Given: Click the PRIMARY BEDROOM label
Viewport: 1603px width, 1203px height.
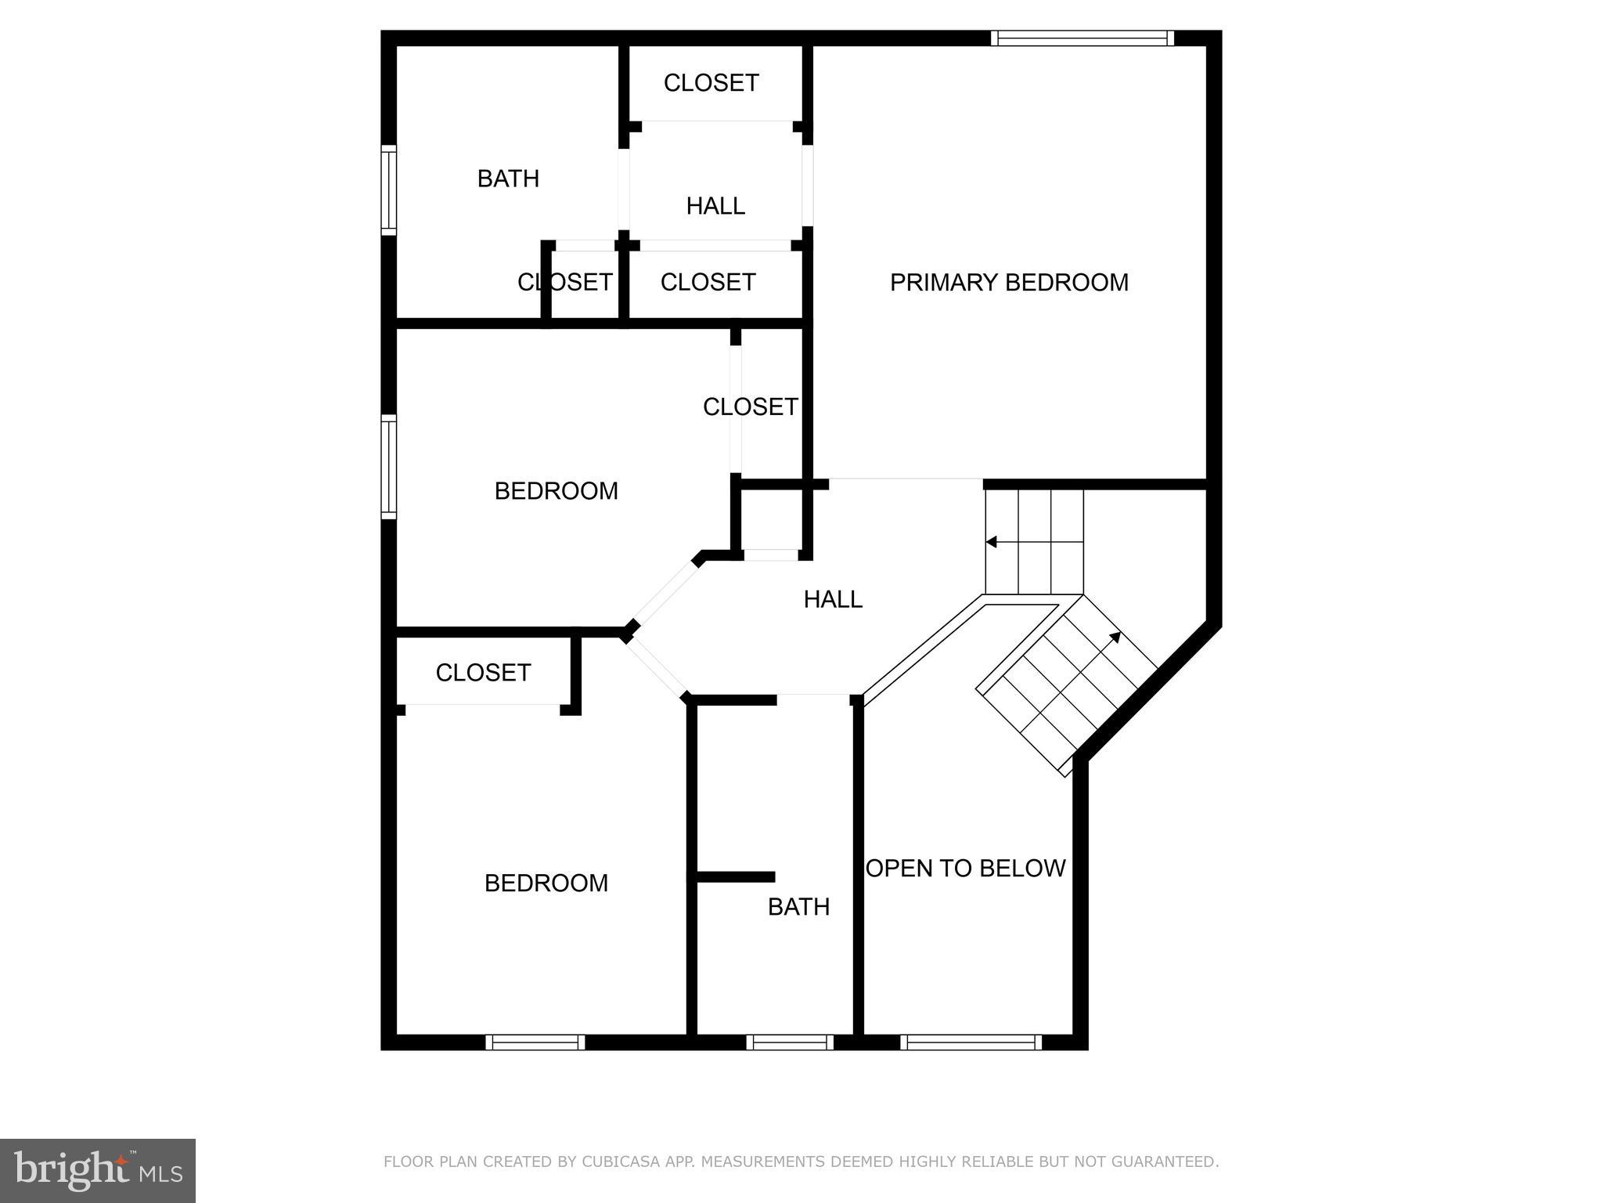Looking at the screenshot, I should pyautogui.click(x=1009, y=283).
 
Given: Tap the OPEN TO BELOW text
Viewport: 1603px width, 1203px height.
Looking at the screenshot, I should pyautogui.click(x=966, y=869).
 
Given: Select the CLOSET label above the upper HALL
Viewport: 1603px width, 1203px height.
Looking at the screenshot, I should pyautogui.click(x=711, y=83).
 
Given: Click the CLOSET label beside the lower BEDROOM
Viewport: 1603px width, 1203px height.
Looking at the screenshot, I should pyautogui.click(x=483, y=673).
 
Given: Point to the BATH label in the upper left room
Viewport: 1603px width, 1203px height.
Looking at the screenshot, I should pyautogui.click(x=508, y=179).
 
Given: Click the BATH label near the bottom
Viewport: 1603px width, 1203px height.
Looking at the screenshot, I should pyautogui.click(x=798, y=907).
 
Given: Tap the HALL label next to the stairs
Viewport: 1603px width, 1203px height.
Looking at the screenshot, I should pyautogui.click(x=833, y=600).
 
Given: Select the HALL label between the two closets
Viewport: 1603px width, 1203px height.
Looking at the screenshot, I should pyautogui.click(x=715, y=206).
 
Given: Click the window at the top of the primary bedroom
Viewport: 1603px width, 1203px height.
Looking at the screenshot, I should pyautogui.click(x=1082, y=38).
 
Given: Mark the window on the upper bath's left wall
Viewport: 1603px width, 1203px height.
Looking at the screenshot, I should pyautogui.click(x=388, y=190).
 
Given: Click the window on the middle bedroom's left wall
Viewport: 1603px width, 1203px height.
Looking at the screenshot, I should pyautogui.click(x=388, y=467).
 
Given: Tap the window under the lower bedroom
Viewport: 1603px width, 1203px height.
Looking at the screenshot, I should pyautogui.click(x=535, y=1042).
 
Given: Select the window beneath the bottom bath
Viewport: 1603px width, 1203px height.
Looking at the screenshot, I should pyautogui.click(x=790, y=1042).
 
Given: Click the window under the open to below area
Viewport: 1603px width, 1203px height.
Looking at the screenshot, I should pyautogui.click(x=971, y=1042).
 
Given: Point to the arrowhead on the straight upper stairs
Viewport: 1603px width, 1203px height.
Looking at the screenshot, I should pyautogui.click(x=991, y=542).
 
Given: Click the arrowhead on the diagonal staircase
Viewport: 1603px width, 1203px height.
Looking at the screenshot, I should pyautogui.click(x=1115, y=637).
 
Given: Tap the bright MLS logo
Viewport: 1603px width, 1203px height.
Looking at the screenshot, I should pyautogui.click(x=98, y=1171).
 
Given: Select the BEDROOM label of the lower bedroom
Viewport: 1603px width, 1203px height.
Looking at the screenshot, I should pyautogui.click(x=546, y=883).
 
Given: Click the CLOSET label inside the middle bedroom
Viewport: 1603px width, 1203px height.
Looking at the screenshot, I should pyautogui.click(x=750, y=407).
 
